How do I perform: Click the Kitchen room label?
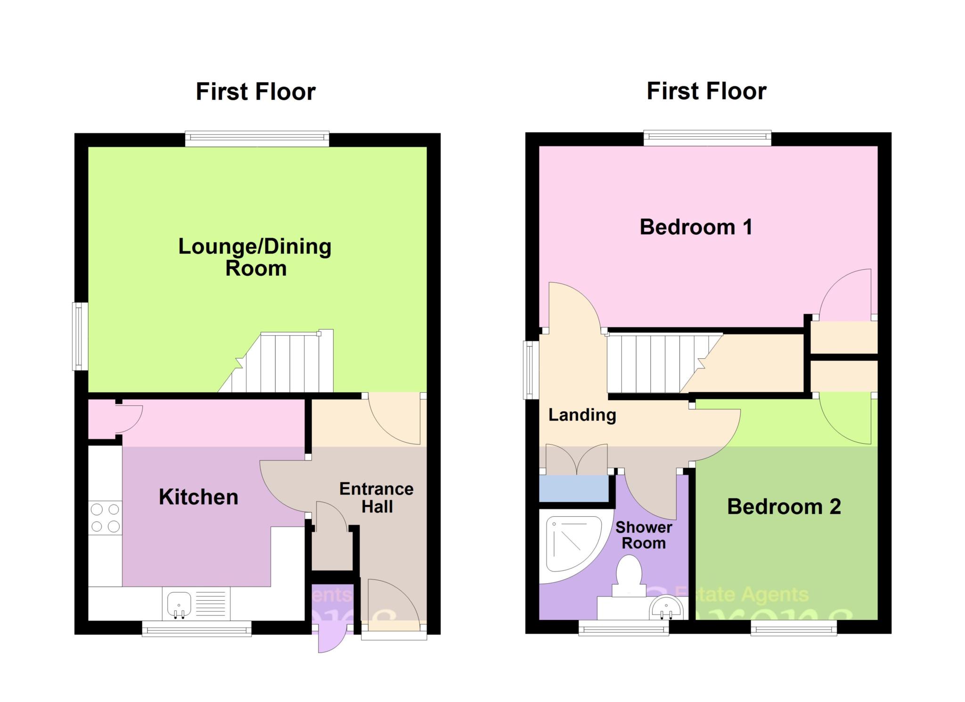pyautogui.click(x=198, y=497)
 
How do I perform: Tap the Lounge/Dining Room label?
pyautogui.click(x=255, y=257)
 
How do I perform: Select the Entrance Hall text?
pyautogui.click(x=376, y=497)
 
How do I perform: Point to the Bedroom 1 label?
pyautogui.click(x=695, y=227)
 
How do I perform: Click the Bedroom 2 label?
pyautogui.click(x=784, y=507)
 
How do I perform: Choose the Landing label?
pyautogui.click(x=582, y=415)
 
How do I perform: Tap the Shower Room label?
pyautogui.click(x=644, y=535)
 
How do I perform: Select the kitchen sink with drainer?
pyautogui.click(x=196, y=604)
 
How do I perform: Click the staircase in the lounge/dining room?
pyautogui.click(x=283, y=363)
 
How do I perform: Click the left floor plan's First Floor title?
pyautogui.click(x=255, y=91)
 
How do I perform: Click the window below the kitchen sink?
pyautogui.click(x=196, y=628)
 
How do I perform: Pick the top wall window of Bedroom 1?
pyautogui.click(x=707, y=138)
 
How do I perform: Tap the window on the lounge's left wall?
pyautogui.click(x=80, y=336)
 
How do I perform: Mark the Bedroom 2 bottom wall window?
pyautogui.click(x=793, y=628)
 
